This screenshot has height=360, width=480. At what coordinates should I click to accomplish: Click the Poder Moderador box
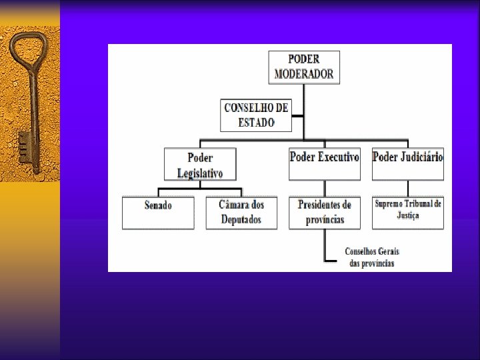coord(304,67)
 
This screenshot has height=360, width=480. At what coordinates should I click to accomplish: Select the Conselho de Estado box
coord(256,115)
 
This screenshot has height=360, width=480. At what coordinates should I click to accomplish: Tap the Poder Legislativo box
coord(199,164)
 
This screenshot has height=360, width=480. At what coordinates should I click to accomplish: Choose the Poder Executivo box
coord(325,164)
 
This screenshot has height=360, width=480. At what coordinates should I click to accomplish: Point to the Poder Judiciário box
coord(407,164)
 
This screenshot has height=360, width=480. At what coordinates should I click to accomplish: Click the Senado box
coord(158,212)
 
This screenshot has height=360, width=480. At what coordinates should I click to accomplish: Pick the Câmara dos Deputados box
coord(241,212)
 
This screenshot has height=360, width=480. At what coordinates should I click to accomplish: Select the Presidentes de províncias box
coord(325,212)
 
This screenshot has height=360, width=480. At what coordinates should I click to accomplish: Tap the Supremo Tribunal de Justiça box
coord(407,212)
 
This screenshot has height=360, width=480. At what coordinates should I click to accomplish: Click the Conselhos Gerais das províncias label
coord(371,257)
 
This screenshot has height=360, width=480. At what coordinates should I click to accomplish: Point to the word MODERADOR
coord(304,74)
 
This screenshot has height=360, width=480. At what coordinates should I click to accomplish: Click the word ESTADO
coord(256,123)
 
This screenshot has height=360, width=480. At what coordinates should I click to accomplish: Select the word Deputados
coord(241,220)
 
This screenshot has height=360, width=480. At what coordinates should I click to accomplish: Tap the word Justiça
coord(407,216)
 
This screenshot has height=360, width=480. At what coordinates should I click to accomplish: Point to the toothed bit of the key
coord(25,146)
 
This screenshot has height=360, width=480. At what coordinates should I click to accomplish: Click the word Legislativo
coord(200,173)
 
